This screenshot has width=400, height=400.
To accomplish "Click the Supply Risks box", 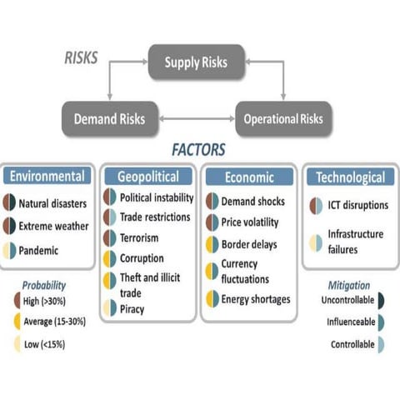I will click(x=197, y=62).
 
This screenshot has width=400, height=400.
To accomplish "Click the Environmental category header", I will click(x=47, y=177).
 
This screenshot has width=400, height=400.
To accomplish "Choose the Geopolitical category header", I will click(x=149, y=177).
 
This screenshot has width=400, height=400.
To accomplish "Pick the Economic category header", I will click(x=249, y=177).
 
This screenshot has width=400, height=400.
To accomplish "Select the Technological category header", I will click(x=350, y=177).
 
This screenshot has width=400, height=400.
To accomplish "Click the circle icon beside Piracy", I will click(x=110, y=308).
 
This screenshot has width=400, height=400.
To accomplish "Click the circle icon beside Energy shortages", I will click(x=212, y=298).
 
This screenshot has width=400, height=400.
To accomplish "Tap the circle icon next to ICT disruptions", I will click(x=316, y=205).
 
